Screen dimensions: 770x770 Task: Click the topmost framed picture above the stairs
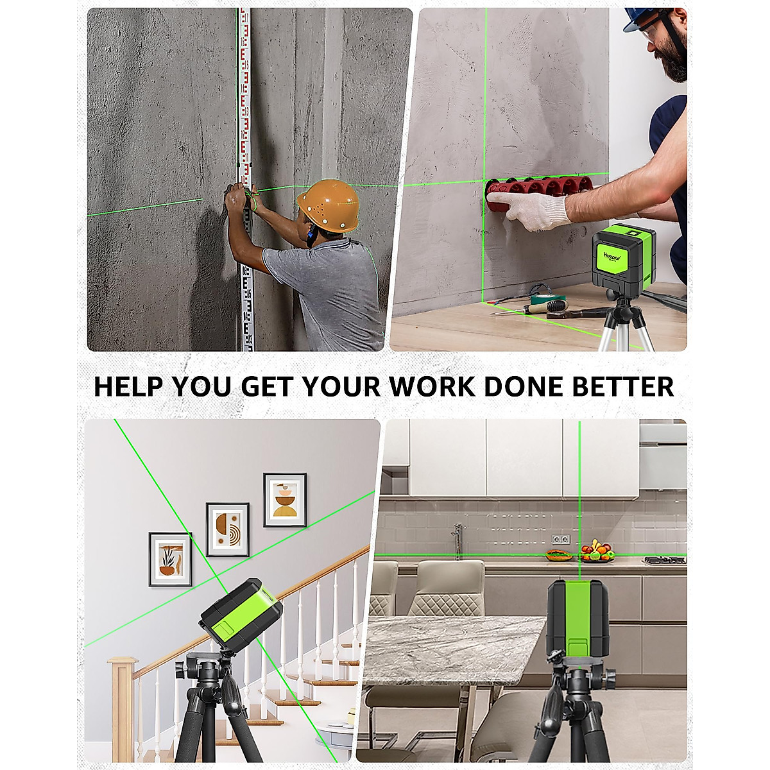285,500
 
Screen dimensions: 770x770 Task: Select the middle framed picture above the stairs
227,529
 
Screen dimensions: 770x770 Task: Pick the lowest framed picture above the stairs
170,560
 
